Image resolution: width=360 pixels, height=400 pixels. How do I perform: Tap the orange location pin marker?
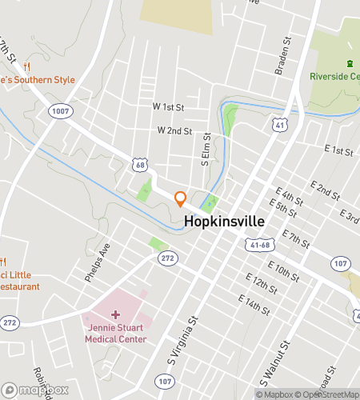(x=181, y=198)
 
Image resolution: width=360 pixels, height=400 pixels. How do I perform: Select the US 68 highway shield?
(x=140, y=164)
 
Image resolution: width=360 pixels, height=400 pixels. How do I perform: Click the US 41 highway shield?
(x=278, y=125)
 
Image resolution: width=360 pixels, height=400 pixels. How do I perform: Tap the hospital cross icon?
(x=115, y=315)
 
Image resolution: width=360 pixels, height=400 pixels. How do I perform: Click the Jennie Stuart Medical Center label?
(x=116, y=333)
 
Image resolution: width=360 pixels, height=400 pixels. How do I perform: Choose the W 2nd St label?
(x=174, y=130)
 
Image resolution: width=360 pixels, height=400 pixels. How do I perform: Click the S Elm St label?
(x=206, y=150)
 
